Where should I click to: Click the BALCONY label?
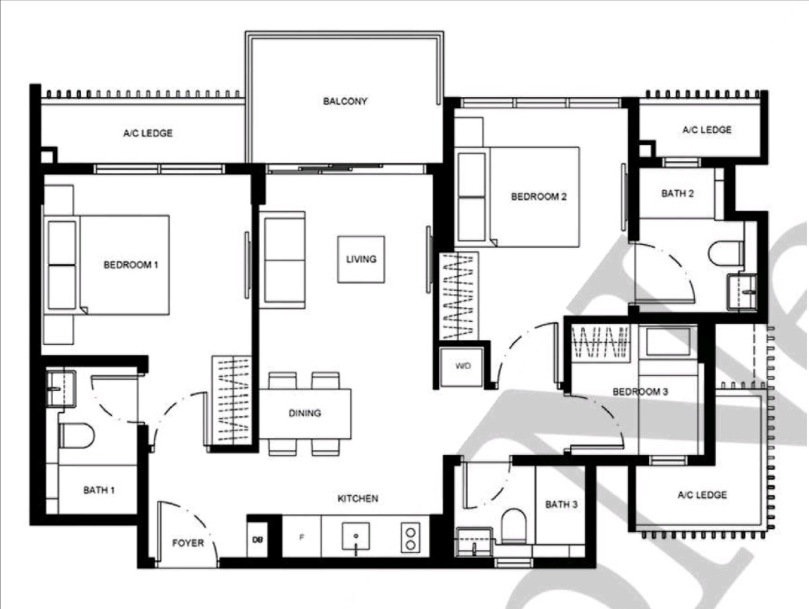(344, 102)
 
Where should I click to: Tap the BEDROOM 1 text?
(130, 265)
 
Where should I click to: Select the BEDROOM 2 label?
(538, 197)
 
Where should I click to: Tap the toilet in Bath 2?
(725, 253)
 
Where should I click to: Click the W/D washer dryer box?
(462, 367)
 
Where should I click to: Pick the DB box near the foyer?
(257, 539)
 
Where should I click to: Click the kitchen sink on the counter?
(355, 537)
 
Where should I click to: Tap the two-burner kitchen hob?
(410, 537)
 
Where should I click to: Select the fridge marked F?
(302, 537)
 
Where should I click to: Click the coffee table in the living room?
(361, 259)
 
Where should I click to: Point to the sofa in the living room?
(282, 259)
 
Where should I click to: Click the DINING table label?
(305, 413)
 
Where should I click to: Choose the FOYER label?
(188, 543)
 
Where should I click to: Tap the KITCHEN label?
(358, 499)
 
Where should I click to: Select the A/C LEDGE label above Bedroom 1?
(148, 133)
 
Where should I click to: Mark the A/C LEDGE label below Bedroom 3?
(702, 495)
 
